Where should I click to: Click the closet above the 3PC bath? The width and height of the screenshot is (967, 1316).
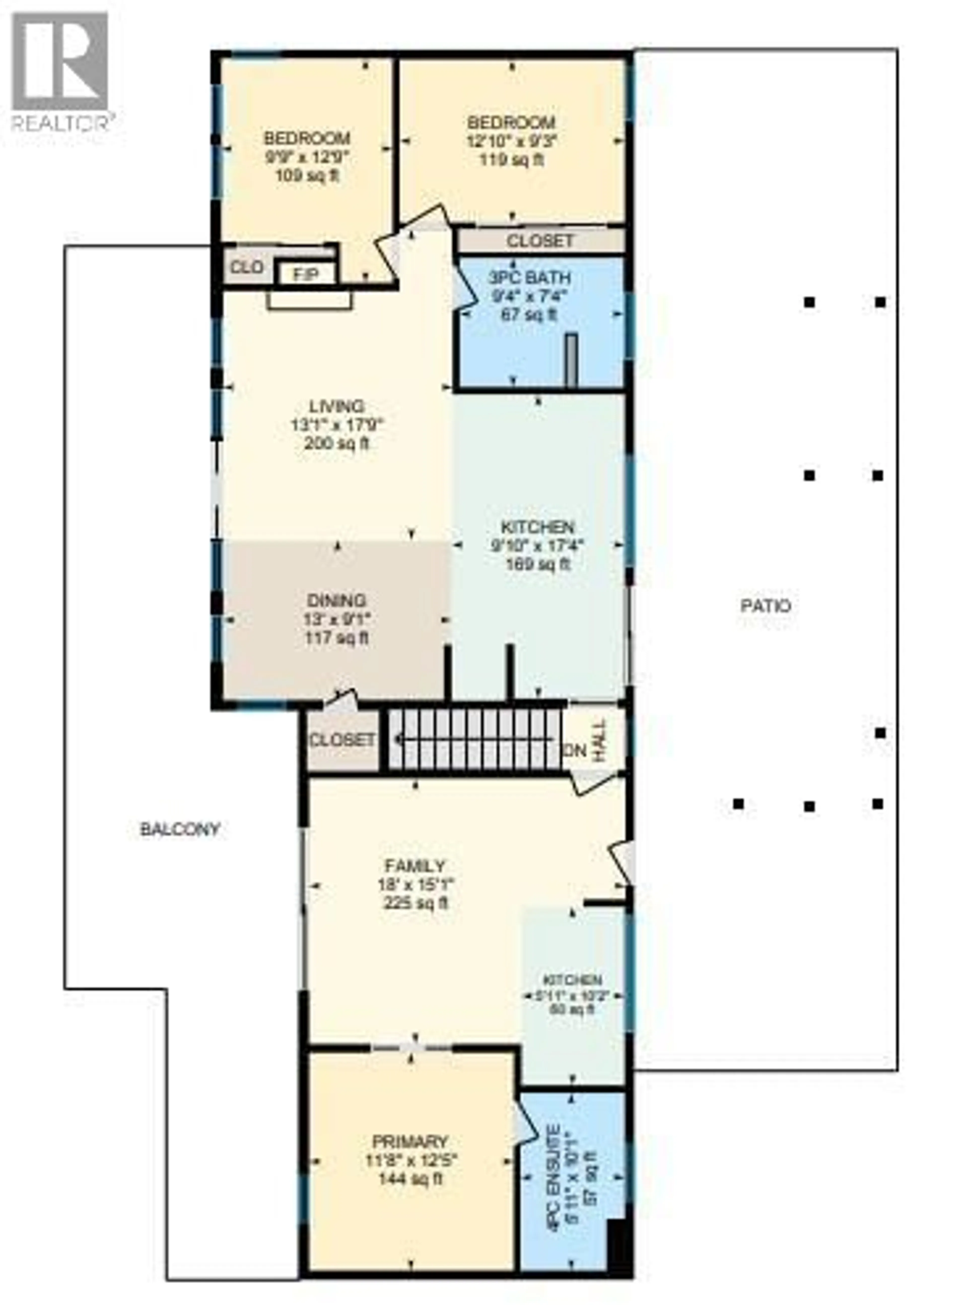540,240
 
